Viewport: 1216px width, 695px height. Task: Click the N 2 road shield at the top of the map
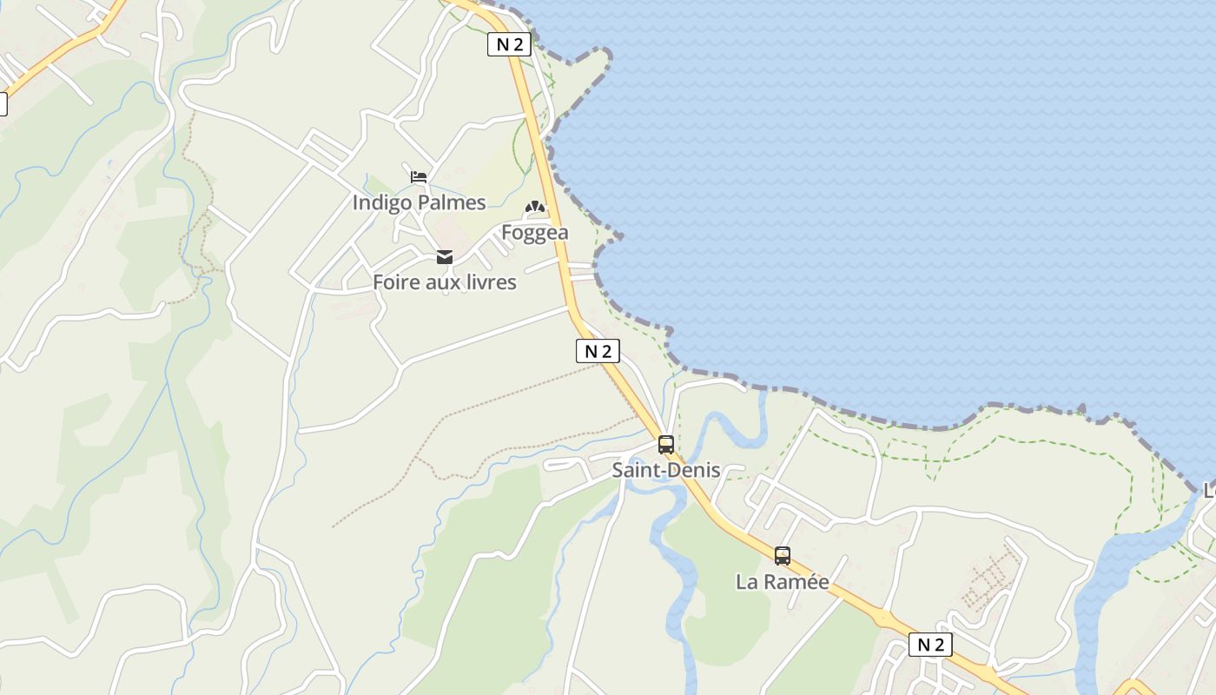[509, 44]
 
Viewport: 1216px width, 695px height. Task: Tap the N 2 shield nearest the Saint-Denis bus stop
[598, 351]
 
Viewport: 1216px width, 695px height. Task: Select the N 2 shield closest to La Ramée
[930, 645]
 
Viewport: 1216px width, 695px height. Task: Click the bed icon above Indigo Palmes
[419, 177]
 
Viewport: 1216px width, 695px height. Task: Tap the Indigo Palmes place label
[419, 202]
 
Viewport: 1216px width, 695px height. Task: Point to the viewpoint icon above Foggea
[534, 208]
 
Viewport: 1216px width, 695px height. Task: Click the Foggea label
[535, 233]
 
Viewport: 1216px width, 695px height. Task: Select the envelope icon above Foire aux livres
[445, 257]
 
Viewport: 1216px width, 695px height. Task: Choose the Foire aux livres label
[445, 282]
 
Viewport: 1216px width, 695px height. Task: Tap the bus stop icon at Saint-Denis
[666, 445]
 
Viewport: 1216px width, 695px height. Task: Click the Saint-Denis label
[666, 470]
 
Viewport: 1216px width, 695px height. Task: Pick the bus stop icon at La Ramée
[783, 556]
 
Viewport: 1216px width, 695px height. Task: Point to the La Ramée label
[783, 582]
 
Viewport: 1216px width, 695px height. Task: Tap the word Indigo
[380, 202]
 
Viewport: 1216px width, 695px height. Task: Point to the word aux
[443, 282]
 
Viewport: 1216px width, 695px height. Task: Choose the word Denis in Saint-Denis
[693, 470]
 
